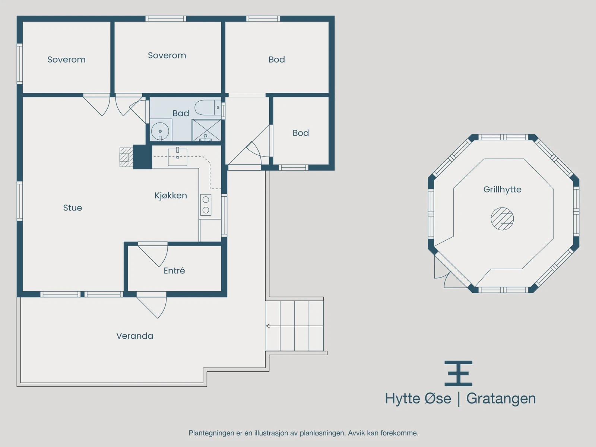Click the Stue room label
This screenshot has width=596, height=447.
click(x=73, y=208)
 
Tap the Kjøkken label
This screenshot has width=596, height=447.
click(x=171, y=196)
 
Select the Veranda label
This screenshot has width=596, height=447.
click(x=135, y=336)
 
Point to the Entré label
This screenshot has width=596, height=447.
click(x=174, y=270)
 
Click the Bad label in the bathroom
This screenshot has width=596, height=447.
click(x=181, y=113)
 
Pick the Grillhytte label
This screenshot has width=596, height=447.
click(x=503, y=190)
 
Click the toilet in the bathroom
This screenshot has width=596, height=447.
click(x=208, y=108)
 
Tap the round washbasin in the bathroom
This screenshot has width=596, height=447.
click(x=160, y=131)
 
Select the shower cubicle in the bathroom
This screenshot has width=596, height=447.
click(x=207, y=130)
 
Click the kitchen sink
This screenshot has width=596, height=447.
click(x=178, y=157)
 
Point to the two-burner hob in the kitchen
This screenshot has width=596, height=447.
click(x=206, y=205)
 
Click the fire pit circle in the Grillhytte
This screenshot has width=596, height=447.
click(x=503, y=219)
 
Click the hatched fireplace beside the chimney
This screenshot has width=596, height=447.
click(x=126, y=157)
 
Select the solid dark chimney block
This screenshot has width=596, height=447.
click(x=142, y=157)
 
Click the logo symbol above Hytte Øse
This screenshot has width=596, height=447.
click(x=458, y=374)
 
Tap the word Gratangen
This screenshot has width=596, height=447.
click(x=501, y=399)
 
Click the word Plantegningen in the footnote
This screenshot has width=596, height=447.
click(x=212, y=433)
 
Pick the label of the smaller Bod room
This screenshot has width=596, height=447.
click(x=301, y=133)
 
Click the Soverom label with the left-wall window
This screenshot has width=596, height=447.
click(x=67, y=60)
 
